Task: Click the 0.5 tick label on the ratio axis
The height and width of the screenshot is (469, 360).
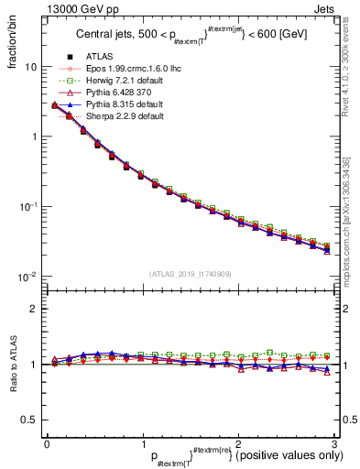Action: click(x=29, y=420)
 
